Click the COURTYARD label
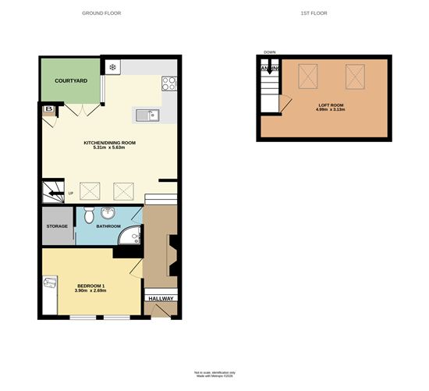coord(70,80)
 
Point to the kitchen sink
coord(148,117)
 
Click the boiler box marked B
coord(48,109)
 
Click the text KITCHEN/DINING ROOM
coord(110,143)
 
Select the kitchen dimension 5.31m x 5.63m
coord(110,149)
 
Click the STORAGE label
coord(57,226)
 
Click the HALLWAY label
coord(161,298)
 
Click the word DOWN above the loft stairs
coord(270,52)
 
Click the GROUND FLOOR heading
coord(101,13)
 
